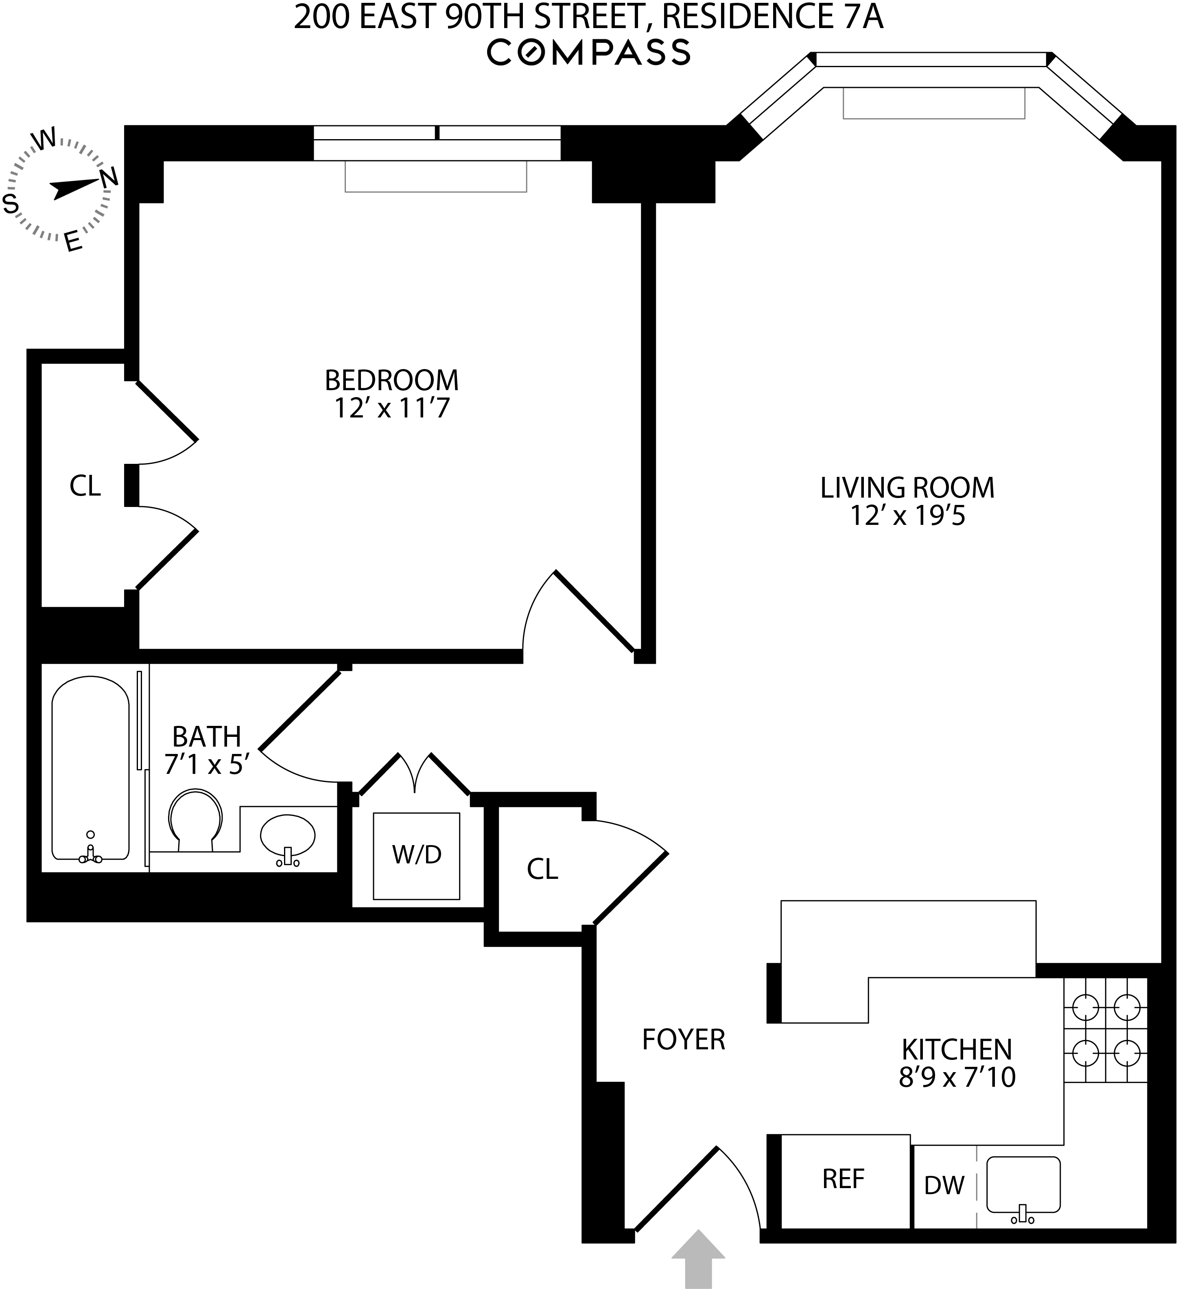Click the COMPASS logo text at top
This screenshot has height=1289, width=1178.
pyautogui.click(x=588, y=52)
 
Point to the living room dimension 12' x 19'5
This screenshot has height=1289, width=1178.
pyautogui.click(x=907, y=516)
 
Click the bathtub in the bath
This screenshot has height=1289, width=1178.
pyautogui.click(x=90, y=767)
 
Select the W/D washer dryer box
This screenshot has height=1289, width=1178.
pyautogui.click(x=416, y=856)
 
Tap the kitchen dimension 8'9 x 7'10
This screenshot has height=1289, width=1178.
pyautogui.click(x=957, y=1077)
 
